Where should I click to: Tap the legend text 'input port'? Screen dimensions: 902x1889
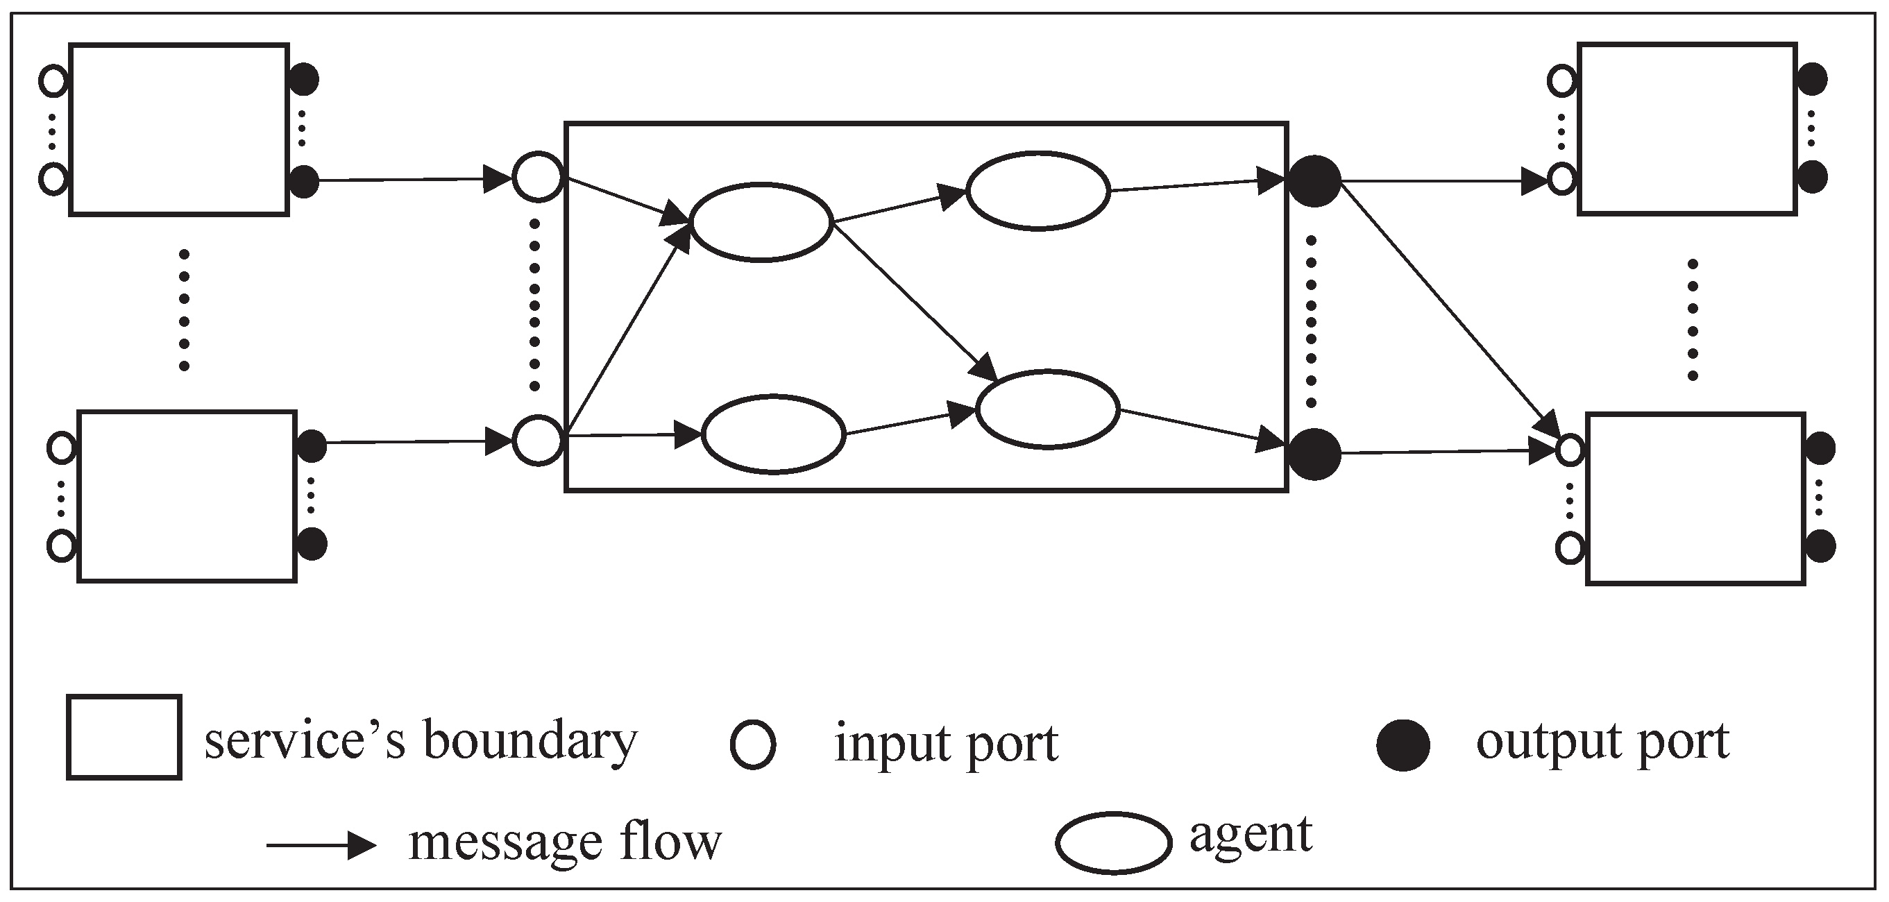(946, 744)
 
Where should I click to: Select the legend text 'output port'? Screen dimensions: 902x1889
(1602, 742)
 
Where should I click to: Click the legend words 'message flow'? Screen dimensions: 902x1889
(565, 841)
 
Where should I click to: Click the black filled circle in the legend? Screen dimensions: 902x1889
(1403, 745)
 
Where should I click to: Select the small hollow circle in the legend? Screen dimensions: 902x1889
(752, 745)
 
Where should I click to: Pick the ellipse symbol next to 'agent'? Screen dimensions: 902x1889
(1113, 842)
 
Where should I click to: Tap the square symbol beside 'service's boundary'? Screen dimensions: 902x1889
(124, 737)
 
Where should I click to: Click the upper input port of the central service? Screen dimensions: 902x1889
(538, 177)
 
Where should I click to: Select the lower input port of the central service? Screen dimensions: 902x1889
(538, 440)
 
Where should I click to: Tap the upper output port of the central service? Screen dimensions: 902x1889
(1314, 180)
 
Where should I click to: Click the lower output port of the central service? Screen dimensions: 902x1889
(1314, 454)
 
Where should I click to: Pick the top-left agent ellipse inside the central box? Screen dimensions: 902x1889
(761, 221)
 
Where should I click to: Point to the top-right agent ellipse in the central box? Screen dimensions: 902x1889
(1037, 191)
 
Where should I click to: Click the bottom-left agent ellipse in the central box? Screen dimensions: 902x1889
(774, 434)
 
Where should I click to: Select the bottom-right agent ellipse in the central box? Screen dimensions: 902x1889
(1048, 409)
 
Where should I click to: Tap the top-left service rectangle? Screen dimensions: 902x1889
(179, 130)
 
